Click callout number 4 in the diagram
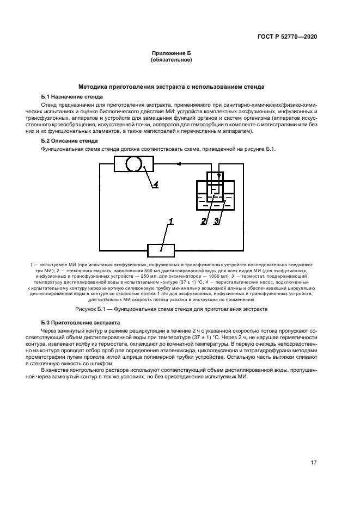point(155,185)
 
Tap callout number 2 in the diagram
point(204,220)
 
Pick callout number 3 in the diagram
point(216,220)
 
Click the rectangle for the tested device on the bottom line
point(161,250)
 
